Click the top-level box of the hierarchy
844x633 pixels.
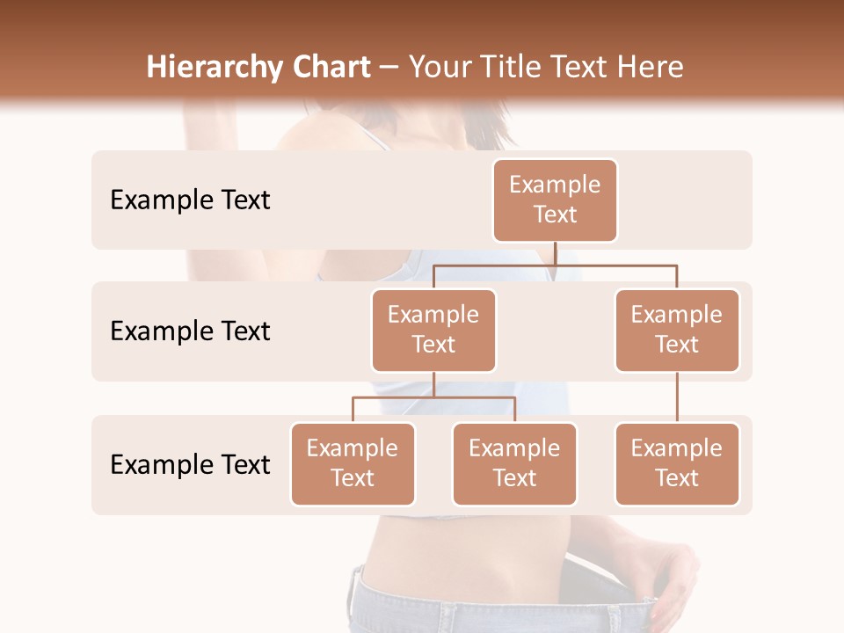pos(555,200)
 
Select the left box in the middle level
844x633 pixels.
pos(433,330)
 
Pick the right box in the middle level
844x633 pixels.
pos(677,330)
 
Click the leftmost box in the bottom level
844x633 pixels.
pos(353,463)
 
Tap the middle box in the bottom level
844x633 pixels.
pos(514,463)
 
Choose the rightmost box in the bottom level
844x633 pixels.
pos(677,463)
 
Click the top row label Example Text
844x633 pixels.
pos(190,200)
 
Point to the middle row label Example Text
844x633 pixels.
pos(190,331)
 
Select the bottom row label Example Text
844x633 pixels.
pos(190,464)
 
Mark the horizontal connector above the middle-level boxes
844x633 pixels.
pos(555,265)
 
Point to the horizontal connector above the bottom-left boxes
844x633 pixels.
pos(433,397)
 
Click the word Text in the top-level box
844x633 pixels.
pos(555,215)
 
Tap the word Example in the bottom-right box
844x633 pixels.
pos(677,448)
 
